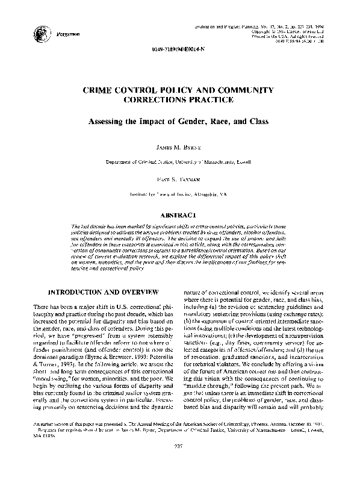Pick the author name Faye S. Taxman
181,179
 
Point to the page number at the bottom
180,463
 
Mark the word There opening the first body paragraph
42,308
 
